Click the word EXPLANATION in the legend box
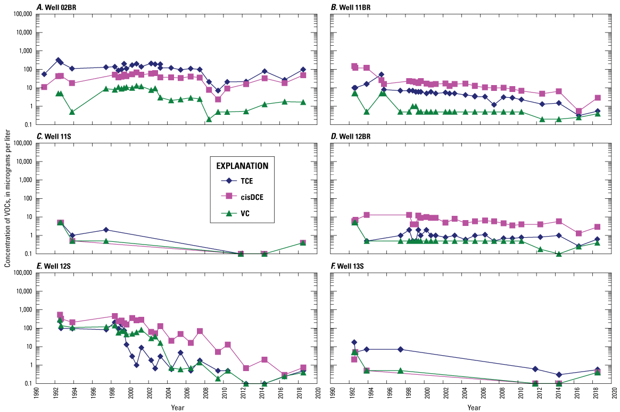245,165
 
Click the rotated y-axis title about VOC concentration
7,206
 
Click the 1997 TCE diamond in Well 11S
106,230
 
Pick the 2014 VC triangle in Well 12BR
559,254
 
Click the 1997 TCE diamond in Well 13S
401,349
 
